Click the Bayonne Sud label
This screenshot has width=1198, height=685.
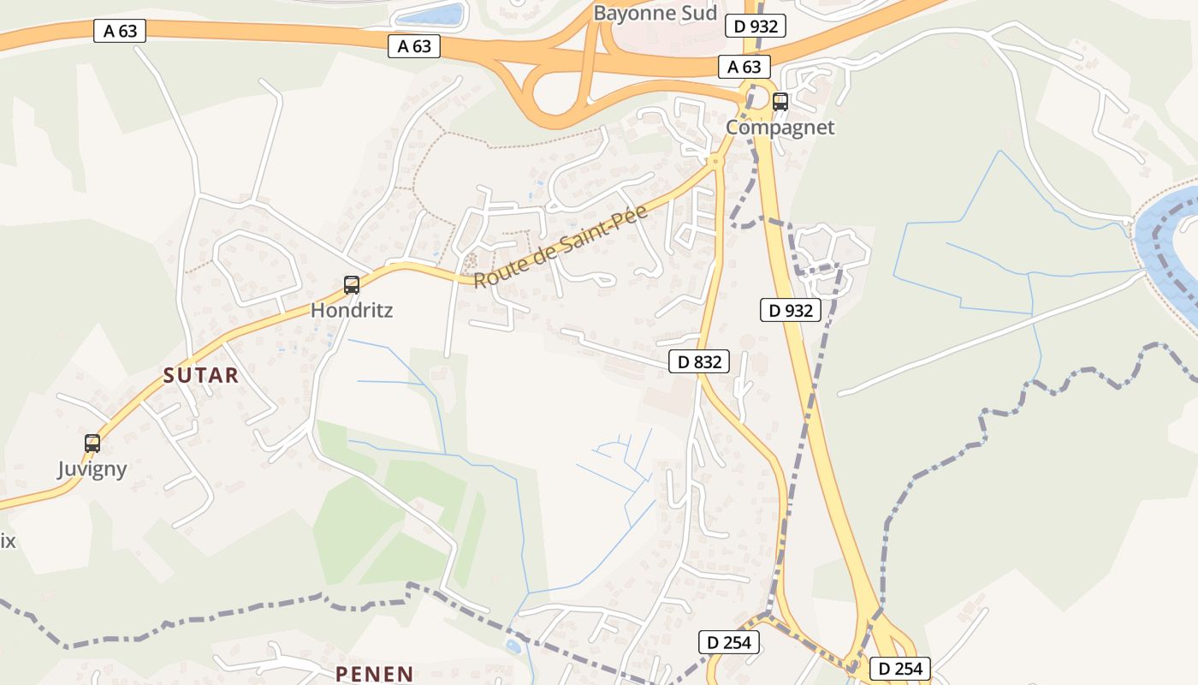pos(655,13)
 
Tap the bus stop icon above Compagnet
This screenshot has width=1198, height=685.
pos(780,102)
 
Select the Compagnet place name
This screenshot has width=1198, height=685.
pos(780,128)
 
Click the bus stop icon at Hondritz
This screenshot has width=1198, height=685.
pos(351,285)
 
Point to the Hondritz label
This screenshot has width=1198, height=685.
pos(351,310)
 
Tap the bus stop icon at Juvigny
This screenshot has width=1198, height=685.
pos(92,444)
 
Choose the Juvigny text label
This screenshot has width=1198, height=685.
pos(92,469)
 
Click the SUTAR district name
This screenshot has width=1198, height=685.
pos(201,375)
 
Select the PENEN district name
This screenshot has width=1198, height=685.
pos(375,674)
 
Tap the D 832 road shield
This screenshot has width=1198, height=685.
pos(699,362)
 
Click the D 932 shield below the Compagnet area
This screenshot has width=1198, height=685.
pos(791,310)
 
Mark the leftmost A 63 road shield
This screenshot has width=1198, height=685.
pos(120,32)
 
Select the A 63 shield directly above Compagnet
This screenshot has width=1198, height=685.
pos(744,67)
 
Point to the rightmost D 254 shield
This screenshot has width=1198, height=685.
pos(900,669)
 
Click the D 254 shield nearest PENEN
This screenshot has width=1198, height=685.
pos(729,641)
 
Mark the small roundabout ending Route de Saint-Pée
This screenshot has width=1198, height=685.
pos(715,160)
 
